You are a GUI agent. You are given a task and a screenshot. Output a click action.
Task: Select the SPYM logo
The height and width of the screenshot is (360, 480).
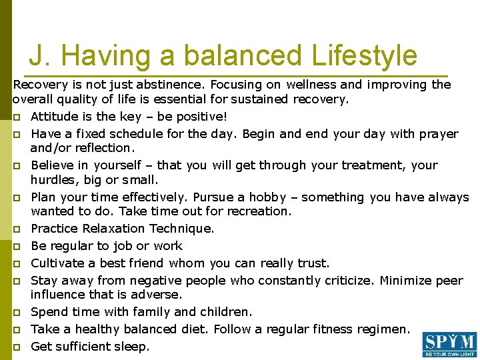tap(449, 344)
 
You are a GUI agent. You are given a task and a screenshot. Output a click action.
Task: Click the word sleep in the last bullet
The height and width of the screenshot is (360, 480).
tap(133, 346)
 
